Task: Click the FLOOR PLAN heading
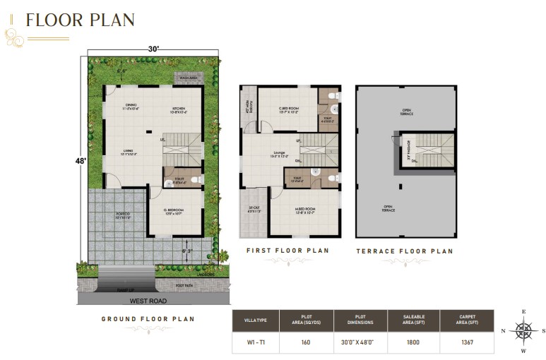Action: pos(80,20)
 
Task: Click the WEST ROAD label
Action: pos(148,301)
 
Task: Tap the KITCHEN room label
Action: pos(178,107)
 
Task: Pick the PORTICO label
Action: pos(123,215)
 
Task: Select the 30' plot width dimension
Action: pos(153,49)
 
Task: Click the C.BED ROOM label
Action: pos(287,109)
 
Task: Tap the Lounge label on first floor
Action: pos(280,154)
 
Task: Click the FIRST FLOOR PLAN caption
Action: pos(287,251)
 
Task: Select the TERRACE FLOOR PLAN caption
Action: pos(404,251)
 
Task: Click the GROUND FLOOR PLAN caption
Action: pos(148,319)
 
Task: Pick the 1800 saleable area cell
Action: pos(413,343)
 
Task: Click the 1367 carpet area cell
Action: pos(466,343)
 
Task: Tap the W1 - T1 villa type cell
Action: pos(256,343)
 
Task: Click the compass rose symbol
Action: pos(523,330)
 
